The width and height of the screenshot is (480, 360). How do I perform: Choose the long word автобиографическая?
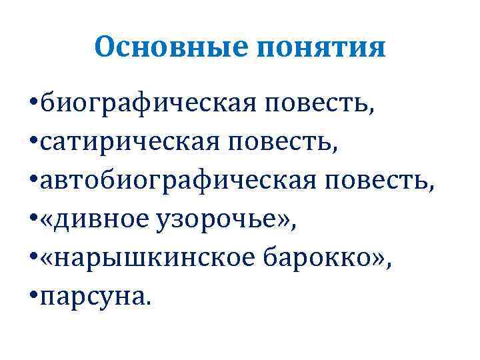(177, 178)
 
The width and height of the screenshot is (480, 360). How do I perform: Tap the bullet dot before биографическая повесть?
(33, 105)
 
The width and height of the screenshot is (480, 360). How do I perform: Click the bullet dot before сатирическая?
(33, 142)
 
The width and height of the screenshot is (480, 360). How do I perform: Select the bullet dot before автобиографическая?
(33, 179)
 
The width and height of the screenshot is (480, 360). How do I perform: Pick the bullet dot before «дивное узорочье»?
(33, 217)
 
